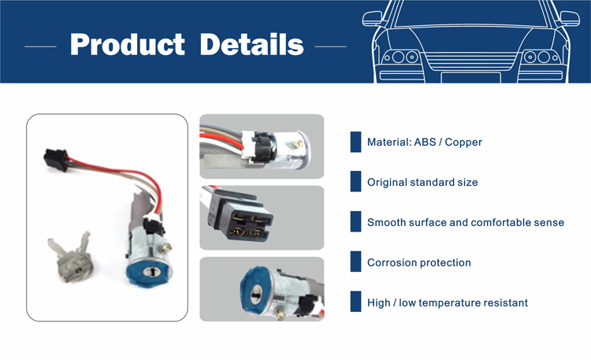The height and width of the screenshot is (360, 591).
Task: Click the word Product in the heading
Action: (128, 44)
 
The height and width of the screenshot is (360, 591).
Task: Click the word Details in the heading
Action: (251, 44)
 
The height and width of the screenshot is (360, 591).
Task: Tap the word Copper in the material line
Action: (463, 142)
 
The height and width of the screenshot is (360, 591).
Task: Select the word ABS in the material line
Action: (425, 142)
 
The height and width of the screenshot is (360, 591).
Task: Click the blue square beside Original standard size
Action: (355, 181)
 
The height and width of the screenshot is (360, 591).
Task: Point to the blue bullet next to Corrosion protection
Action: (355, 262)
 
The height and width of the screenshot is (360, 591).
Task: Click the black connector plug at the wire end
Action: (56, 159)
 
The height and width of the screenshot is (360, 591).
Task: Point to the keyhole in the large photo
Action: (151, 272)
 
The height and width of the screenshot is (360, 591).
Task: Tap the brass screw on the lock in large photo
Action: (165, 247)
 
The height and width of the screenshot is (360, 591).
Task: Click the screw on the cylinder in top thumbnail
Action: (297, 144)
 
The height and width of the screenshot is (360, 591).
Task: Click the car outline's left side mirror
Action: (373, 18)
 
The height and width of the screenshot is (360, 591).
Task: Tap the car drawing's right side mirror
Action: (570, 18)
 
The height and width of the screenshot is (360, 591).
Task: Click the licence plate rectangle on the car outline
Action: (470, 77)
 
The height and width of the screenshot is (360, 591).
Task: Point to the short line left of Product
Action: (40, 46)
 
